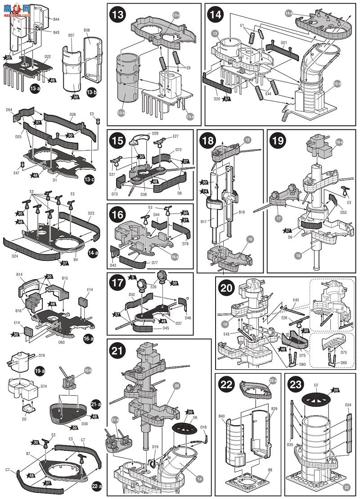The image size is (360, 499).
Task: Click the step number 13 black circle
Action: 118,14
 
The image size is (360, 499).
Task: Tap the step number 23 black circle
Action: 296,384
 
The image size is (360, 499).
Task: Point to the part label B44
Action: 56,20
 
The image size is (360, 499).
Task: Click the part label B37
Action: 72,35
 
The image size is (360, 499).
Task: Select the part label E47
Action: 16,172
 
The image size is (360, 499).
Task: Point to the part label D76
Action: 42,355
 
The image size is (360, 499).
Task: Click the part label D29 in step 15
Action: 155,133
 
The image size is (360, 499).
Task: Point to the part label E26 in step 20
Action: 283,318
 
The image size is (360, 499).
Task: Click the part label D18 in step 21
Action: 203,427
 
